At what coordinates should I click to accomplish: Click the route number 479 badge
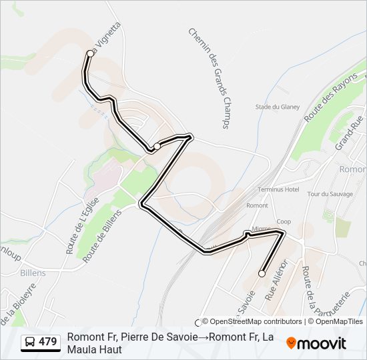click(47, 342)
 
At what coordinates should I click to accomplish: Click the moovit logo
click(316, 343)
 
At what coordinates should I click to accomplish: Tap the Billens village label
click(32, 273)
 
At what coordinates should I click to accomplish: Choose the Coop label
click(284, 222)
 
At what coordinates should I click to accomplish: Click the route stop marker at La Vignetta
click(90, 53)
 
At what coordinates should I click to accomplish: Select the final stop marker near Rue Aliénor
click(262, 273)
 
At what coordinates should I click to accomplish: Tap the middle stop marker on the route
click(157, 146)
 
